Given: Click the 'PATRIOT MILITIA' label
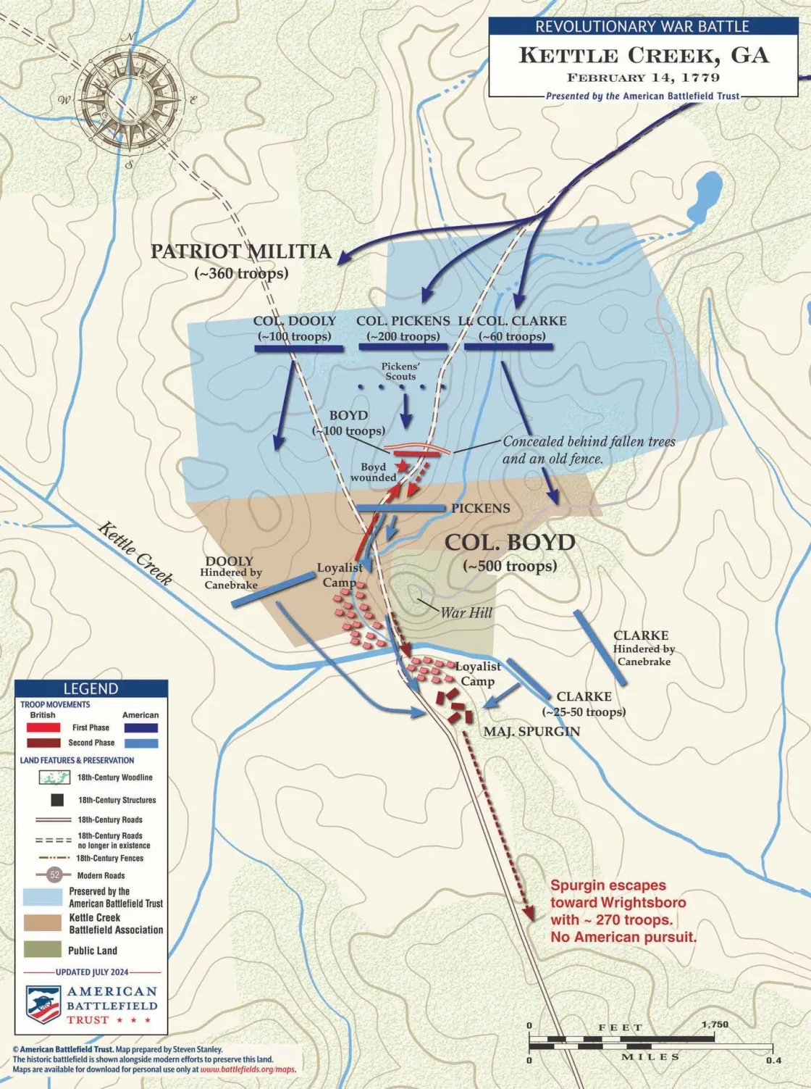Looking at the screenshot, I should [x=241, y=252].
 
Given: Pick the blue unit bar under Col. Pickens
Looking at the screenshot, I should [x=403, y=347].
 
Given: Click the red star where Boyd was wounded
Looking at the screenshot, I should [x=400, y=466].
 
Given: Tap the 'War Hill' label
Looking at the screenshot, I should [x=466, y=613].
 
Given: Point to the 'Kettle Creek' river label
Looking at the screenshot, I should [x=135, y=552].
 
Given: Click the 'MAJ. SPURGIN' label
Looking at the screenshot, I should [x=531, y=732].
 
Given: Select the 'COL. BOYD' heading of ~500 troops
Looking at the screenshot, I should [x=510, y=543].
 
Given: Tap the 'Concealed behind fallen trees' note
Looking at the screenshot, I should [x=589, y=441].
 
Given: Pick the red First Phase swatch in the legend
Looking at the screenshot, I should [x=43, y=727].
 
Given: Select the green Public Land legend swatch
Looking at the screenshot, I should [x=42, y=950].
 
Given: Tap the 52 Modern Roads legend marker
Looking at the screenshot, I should [x=55, y=875].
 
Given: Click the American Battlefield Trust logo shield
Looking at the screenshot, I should [x=43, y=1004].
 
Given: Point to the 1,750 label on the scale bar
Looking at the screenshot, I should [x=715, y=1025].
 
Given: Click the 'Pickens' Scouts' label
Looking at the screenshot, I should [x=400, y=372].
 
